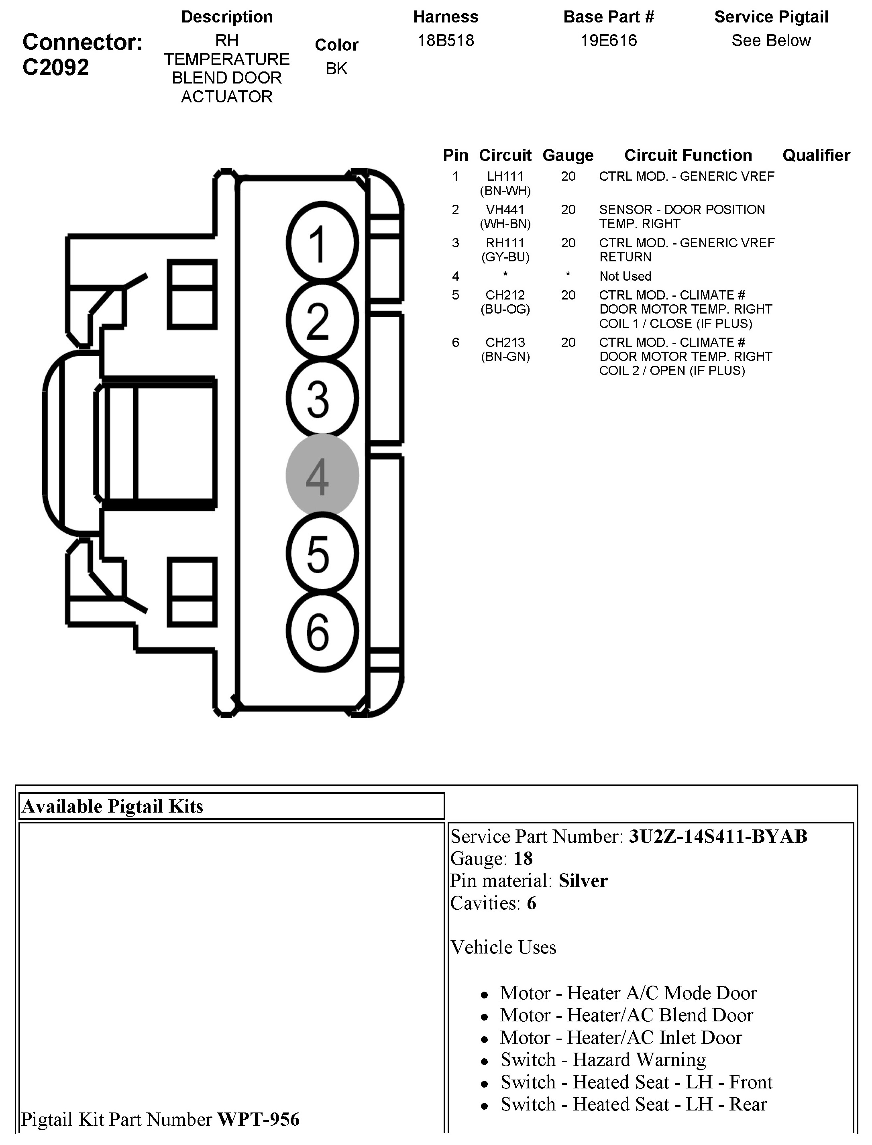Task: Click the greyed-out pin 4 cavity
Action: tap(322, 475)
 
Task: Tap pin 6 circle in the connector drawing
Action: tap(322, 632)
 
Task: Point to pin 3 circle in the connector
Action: tap(322, 398)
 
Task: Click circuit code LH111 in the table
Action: tap(505, 177)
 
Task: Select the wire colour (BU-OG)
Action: tap(505, 310)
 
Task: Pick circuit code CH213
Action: tap(505, 342)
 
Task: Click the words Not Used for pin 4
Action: tap(625, 276)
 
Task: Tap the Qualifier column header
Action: tap(816, 155)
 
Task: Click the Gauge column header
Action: tap(568, 155)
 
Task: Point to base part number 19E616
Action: tap(608, 41)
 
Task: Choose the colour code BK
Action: tap(336, 69)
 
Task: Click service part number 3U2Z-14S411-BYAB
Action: tap(718, 836)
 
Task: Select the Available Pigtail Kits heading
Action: tap(113, 806)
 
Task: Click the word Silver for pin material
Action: tap(583, 881)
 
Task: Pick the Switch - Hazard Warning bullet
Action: tap(603, 1059)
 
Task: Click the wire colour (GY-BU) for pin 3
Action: tap(505, 257)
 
